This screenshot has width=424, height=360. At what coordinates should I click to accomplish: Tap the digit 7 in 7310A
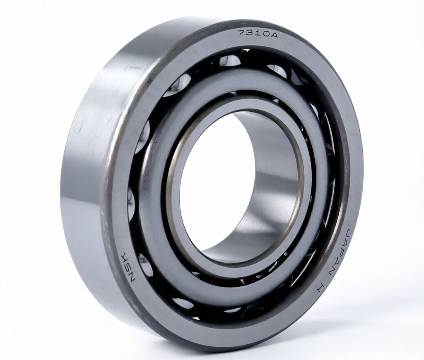(x=241, y=32)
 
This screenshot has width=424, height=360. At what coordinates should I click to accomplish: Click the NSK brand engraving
(x=129, y=268)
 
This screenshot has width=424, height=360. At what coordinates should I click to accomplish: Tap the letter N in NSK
(x=132, y=278)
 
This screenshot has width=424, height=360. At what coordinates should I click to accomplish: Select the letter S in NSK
(x=129, y=268)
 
